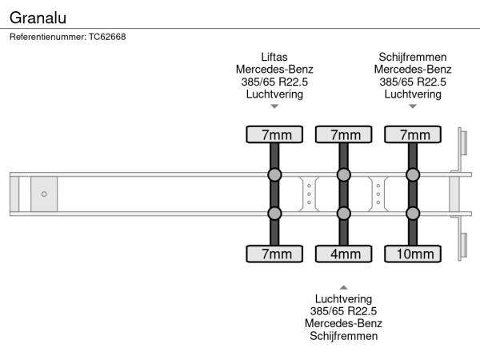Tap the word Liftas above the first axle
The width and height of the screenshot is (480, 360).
[x=274, y=57]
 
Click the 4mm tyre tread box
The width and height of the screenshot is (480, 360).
[x=343, y=254]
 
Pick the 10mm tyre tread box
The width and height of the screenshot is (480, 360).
[x=413, y=254]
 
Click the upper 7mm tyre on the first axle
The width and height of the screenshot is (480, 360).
[x=274, y=134]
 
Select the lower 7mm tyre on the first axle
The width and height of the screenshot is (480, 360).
[x=274, y=254]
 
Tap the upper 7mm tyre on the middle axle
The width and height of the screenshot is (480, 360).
[x=343, y=134]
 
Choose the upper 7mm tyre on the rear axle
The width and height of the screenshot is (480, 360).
[x=413, y=134]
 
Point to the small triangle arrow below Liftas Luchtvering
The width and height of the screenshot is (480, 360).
[x=274, y=106]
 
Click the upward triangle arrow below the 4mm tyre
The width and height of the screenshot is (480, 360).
[x=343, y=286]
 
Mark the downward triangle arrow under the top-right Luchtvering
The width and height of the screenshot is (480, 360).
[x=413, y=106]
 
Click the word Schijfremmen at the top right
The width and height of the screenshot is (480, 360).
[x=413, y=57]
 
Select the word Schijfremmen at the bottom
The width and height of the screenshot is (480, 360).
[x=343, y=336]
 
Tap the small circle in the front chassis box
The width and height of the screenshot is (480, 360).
[x=44, y=194]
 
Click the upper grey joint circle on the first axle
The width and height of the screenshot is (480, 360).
[x=274, y=175]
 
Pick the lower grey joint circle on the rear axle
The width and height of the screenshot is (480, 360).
[x=413, y=213]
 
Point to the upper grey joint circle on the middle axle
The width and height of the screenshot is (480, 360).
[x=343, y=175]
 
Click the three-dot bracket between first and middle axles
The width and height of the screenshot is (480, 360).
[x=309, y=194]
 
